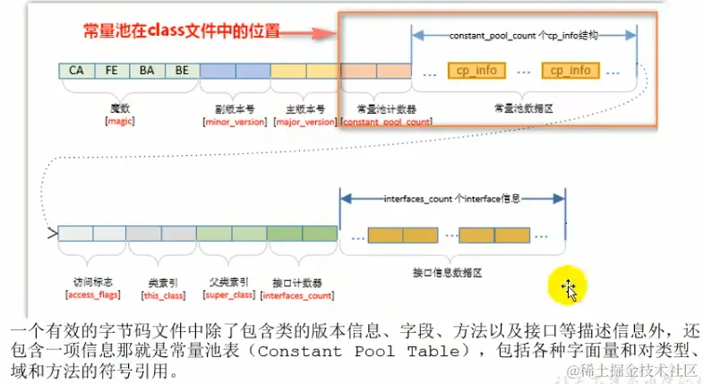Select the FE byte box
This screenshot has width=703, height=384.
(111, 70)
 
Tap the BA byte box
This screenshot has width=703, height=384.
(147, 70)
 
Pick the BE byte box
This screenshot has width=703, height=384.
(182, 70)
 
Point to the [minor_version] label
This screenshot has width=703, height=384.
(235, 121)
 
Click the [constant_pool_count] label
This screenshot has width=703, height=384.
(375, 121)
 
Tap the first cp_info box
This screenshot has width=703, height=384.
(476, 70)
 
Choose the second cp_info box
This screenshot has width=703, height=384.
(570, 70)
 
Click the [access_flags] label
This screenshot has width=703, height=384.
(92, 294)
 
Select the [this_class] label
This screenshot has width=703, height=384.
(161, 294)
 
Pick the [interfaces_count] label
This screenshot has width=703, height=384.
(299, 294)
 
